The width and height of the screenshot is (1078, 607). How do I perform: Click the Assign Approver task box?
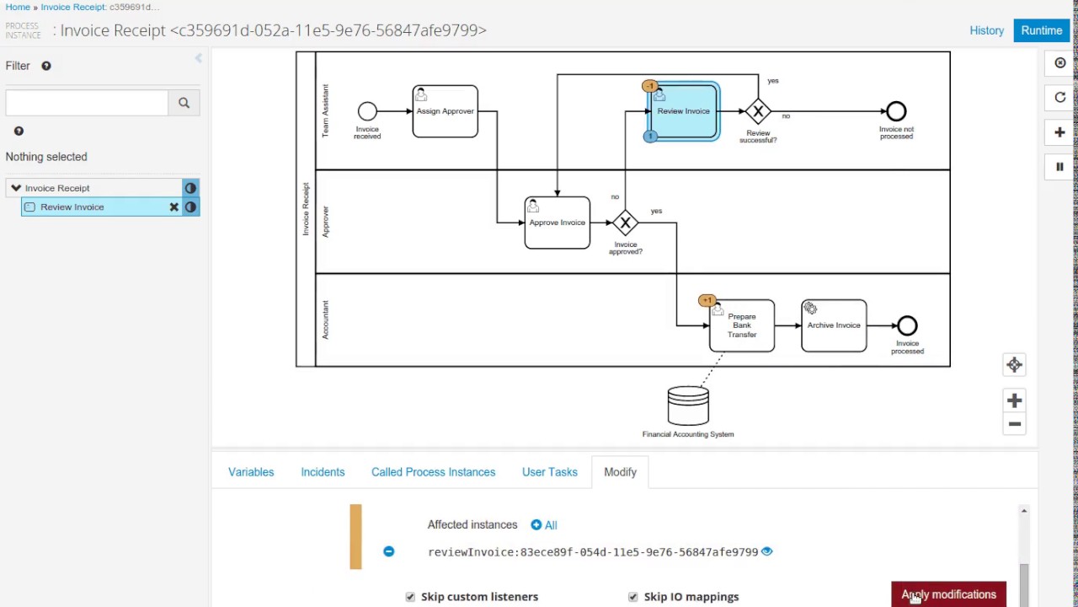[445, 111]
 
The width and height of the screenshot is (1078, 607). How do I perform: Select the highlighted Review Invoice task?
[683, 111]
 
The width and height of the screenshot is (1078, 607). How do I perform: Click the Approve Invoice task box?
[557, 223]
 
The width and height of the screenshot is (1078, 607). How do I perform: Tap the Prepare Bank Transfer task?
[741, 325]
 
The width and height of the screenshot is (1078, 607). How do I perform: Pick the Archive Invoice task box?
[834, 325]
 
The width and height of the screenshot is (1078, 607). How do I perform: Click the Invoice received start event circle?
[367, 111]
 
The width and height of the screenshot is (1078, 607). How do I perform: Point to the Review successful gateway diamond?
[758, 111]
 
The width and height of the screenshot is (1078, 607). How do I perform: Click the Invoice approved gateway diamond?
[625, 223]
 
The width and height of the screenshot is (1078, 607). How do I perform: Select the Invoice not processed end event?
[896, 111]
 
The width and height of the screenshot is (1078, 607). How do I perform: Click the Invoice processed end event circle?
[907, 325]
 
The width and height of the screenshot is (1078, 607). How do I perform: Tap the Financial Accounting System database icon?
[688, 406]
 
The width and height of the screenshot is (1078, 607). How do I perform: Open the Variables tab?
[251, 472]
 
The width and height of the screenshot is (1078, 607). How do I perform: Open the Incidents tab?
[323, 472]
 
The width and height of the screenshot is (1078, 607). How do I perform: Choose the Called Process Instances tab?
[433, 472]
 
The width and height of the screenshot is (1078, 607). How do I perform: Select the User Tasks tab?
[549, 472]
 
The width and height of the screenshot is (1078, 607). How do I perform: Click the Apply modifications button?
[948, 594]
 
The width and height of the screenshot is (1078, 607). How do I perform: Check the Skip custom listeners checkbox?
[410, 597]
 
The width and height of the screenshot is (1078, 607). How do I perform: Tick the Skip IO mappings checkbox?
[632, 597]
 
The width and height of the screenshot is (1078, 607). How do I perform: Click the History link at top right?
[986, 30]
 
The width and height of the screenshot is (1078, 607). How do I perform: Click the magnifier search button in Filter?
[184, 103]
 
